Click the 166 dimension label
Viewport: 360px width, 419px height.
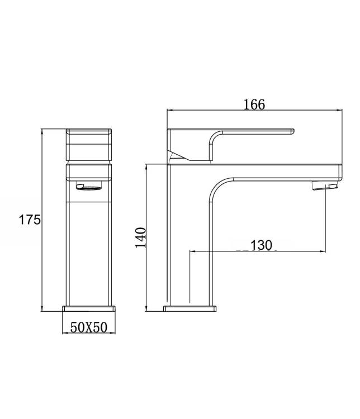(254, 104)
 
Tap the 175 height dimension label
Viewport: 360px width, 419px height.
(30, 220)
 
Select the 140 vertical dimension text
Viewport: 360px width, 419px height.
(141, 237)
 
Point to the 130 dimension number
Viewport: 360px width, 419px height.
(261, 245)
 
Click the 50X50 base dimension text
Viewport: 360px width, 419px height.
(89, 327)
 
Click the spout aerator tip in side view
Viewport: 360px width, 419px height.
(325, 185)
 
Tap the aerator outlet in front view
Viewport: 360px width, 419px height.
(89, 186)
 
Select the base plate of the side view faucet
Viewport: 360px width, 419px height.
(190, 308)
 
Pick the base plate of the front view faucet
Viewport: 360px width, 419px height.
(89, 308)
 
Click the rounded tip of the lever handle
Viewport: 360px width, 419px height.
(293, 131)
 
